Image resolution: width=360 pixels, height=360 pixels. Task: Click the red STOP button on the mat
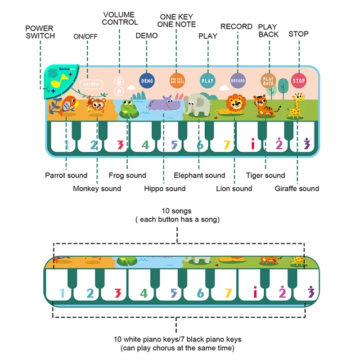pos(299,80)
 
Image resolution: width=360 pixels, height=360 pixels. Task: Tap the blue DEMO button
pos(146,81)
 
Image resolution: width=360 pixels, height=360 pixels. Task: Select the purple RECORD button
pos(238,80)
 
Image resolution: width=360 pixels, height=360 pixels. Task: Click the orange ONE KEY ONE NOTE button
pos(177,81)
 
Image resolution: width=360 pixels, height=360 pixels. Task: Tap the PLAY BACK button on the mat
pos(268,80)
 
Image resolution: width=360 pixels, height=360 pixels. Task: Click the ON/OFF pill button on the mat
pos(90,83)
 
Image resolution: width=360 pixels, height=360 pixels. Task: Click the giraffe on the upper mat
pos(295,105)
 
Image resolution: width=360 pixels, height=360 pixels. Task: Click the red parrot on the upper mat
pos(68,105)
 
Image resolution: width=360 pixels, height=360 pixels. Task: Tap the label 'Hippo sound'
pos(164,188)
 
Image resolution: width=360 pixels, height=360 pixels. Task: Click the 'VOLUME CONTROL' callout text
pos(120,18)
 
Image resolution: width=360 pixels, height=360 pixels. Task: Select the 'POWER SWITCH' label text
pos(40,31)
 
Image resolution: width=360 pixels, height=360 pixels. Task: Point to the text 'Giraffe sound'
pos(297,188)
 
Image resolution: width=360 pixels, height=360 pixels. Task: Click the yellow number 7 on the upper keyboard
pos(227,145)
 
